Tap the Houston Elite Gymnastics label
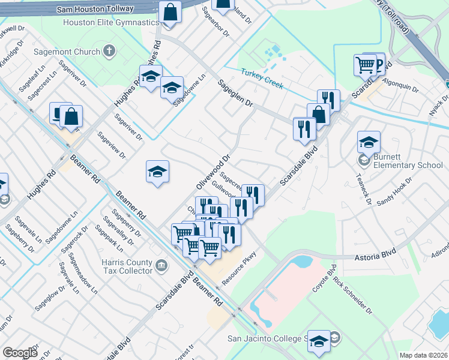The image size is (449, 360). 110,22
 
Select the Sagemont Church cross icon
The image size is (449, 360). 109,52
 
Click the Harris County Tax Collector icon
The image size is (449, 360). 160,265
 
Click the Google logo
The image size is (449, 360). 20,352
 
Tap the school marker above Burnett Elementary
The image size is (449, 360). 369,142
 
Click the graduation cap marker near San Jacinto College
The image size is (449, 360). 319,341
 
